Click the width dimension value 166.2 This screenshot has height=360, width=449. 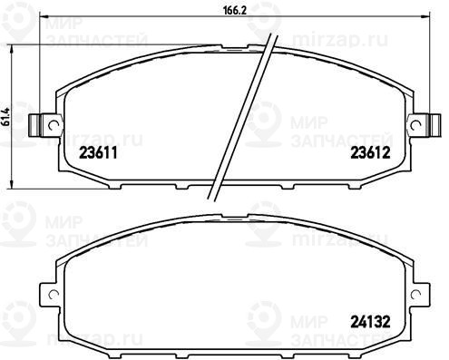235,11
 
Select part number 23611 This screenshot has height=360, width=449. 98,153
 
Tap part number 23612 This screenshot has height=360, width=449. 370,153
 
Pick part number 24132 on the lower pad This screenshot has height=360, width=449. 370,322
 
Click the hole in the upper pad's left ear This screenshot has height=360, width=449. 54,124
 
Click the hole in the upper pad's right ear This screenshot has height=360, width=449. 415,124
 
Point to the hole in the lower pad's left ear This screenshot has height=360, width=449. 54,294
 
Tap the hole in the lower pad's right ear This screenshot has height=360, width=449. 415,294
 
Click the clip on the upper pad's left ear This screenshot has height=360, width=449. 34,124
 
